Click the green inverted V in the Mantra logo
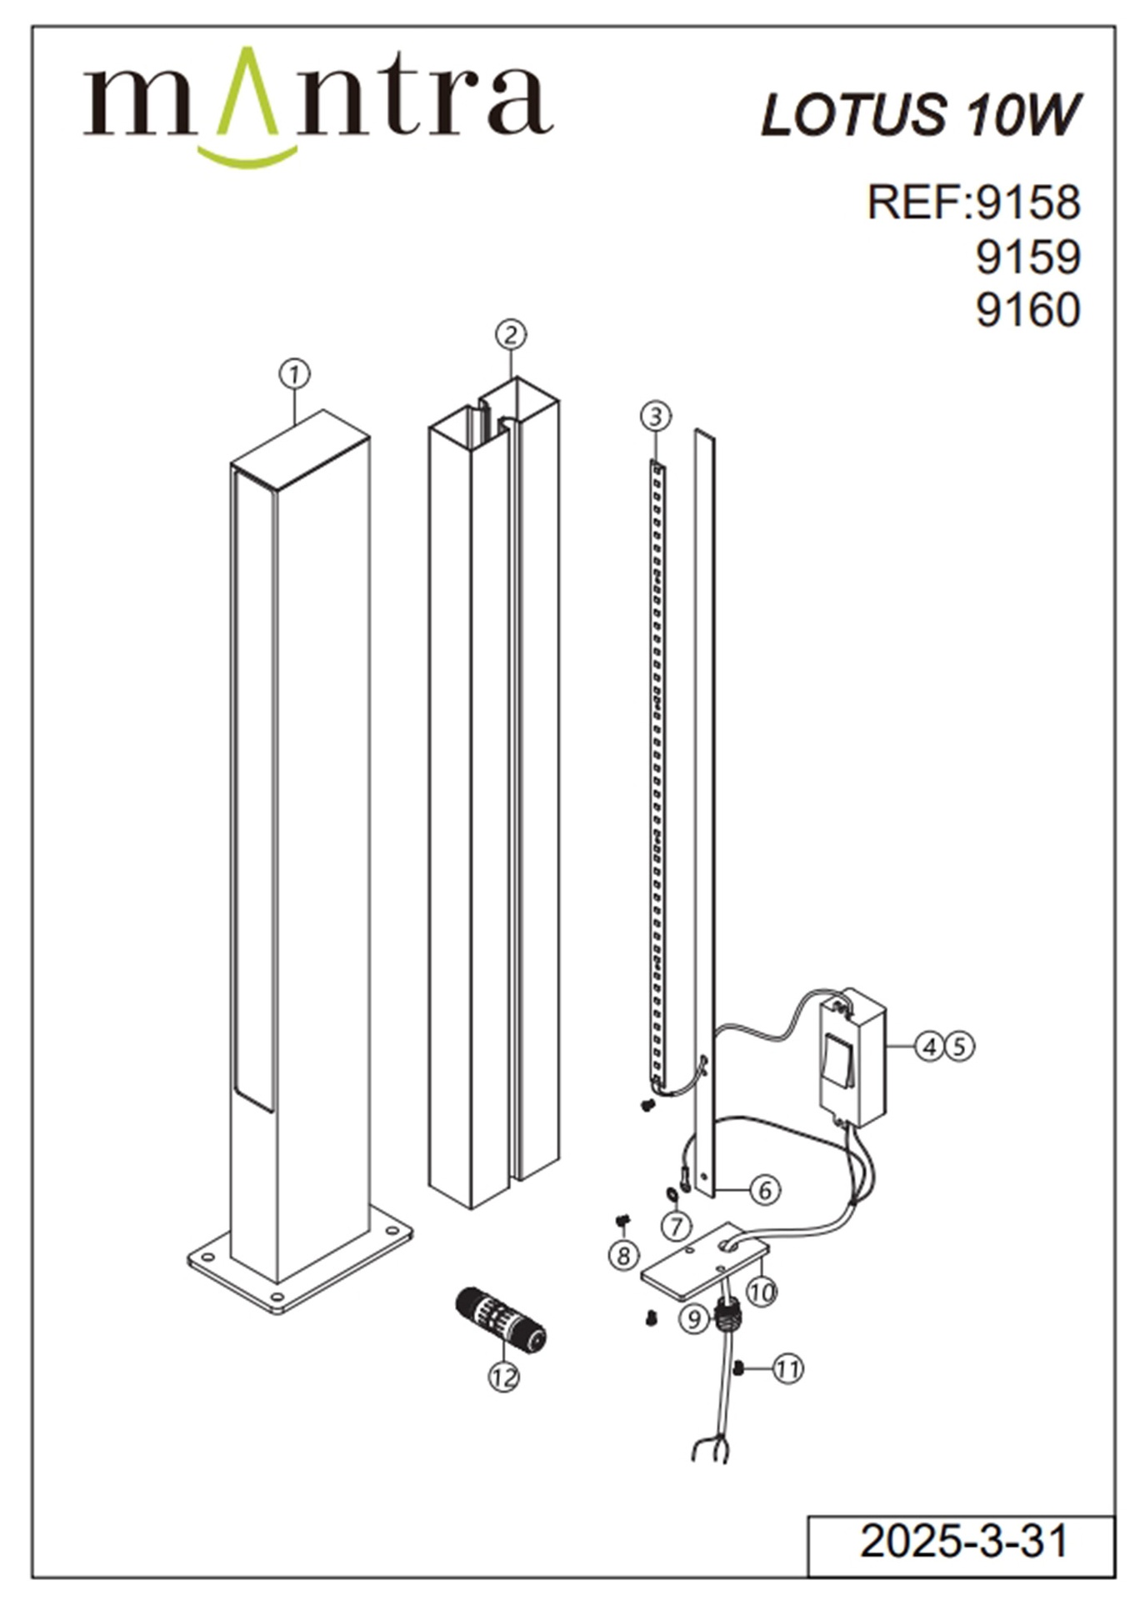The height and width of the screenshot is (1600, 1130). (247, 92)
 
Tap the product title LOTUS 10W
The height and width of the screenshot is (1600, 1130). (920, 114)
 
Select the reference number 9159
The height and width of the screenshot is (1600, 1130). (1027, 257)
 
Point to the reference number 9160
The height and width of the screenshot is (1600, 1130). (1027, 310)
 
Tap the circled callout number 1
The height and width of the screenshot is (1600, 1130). (294, 374)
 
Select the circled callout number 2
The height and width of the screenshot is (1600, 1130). (511, 334)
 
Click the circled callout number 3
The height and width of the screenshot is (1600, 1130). (656, 415)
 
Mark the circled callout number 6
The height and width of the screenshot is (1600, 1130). (765, 1190)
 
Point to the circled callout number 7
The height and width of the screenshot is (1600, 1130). (677, 1225)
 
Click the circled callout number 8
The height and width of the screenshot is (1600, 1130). (623, 1254)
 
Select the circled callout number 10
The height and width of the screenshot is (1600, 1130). (761, 1292)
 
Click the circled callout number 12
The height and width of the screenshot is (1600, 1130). (503, 1377)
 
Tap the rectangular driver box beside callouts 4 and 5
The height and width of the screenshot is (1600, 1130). (852, 1057)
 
